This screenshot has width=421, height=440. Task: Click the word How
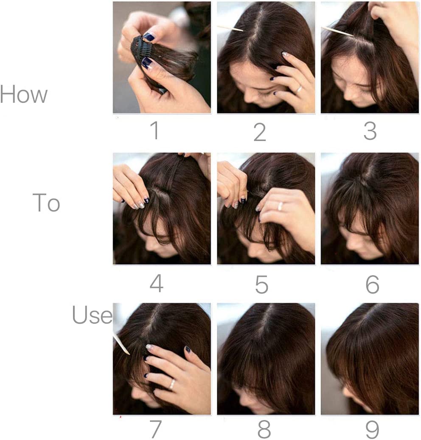(x=23, y=94)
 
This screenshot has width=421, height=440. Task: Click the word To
(x=46, y=203)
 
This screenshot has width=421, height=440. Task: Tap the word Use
(x=92, y=315)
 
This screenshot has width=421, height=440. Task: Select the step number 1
(x=155, y=130)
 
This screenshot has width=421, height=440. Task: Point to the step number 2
(x=259, y=132)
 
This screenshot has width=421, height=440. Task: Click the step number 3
(x=370, y=131)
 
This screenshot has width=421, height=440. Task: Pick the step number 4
(x=156, y=284)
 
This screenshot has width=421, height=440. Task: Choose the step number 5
(x=261, y=284)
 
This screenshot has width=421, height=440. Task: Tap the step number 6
(x=372, y=285)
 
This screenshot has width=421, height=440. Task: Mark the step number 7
(x=155, y=429)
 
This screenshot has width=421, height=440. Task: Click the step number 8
(x=264, y=429)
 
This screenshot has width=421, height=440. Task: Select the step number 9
(x=372, y=429)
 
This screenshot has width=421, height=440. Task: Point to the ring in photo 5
(x=281, y=206)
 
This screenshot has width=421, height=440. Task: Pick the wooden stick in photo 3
(x=337, y=31)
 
